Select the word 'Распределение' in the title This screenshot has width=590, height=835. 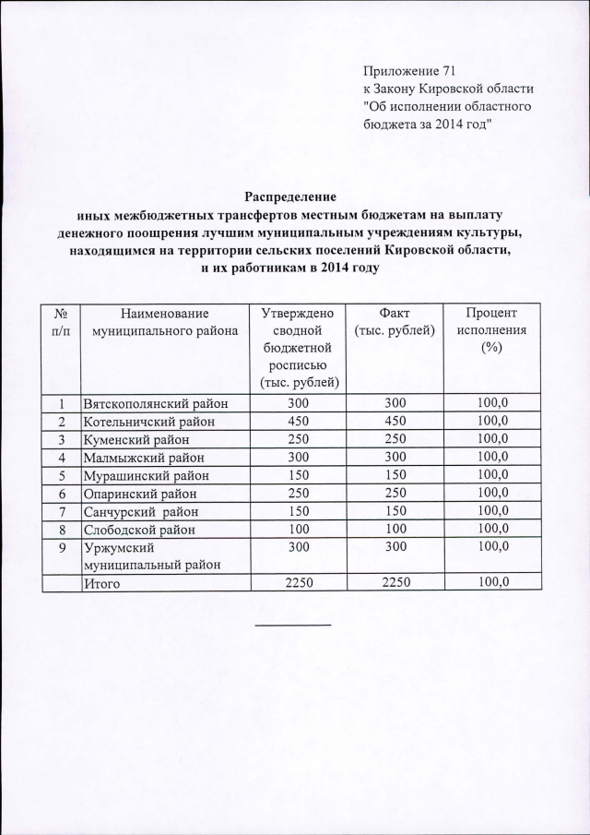[290, 196]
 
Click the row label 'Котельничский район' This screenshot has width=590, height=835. [148, 422]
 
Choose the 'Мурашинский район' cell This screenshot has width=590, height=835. [146, 475]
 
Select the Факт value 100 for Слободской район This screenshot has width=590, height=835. [394, 529]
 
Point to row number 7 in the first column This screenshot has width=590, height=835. [62, 511]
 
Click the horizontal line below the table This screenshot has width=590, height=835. [292, 626]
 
